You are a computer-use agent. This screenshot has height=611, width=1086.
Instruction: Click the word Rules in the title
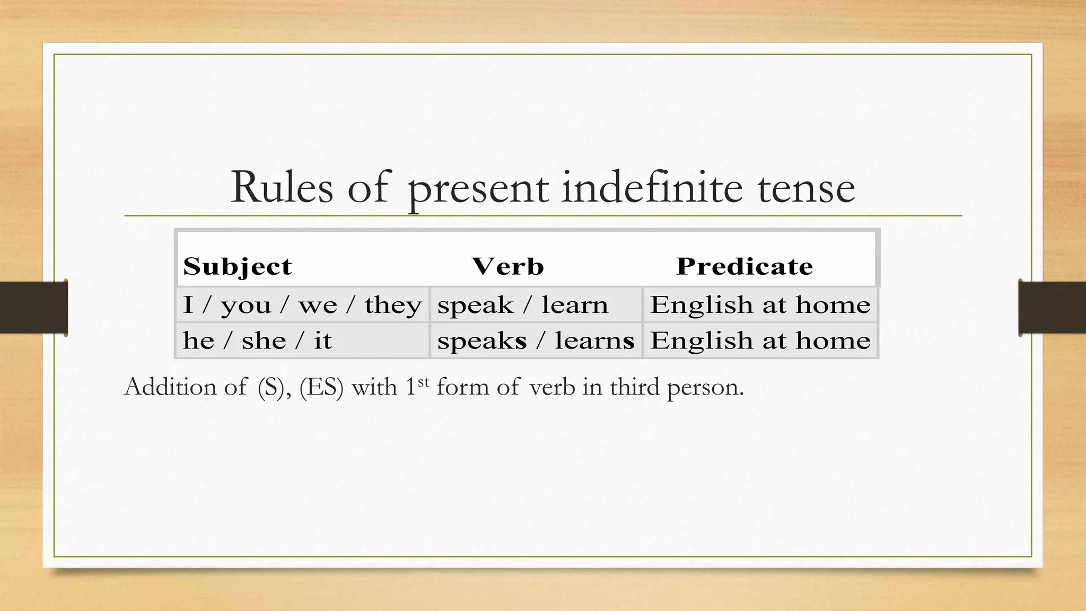(x=282, y=187)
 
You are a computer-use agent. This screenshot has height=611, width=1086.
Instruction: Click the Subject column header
(x=238, y=266)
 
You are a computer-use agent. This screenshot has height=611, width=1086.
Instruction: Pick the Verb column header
(x=507, y=266)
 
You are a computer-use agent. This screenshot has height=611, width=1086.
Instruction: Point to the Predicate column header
(x=745, y=266)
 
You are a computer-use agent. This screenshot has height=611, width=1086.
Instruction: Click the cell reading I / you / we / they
(x=302, y=305)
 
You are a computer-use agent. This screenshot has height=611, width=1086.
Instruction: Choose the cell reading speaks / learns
(x=536, y=341)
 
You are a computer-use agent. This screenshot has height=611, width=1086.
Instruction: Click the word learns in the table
(x=594, y=341)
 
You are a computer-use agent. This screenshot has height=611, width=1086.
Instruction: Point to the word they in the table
(x=393, y=305)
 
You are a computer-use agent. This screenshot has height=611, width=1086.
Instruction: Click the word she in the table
(x=264, y=341)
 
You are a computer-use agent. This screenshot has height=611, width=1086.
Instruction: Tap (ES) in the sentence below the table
(x=321, y=387)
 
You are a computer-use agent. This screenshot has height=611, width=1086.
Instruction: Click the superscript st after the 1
(x=423, y=381)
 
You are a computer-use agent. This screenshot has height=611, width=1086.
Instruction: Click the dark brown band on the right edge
(x=1052, y=308)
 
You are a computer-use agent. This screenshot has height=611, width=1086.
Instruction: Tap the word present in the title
(x=478, y=189)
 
